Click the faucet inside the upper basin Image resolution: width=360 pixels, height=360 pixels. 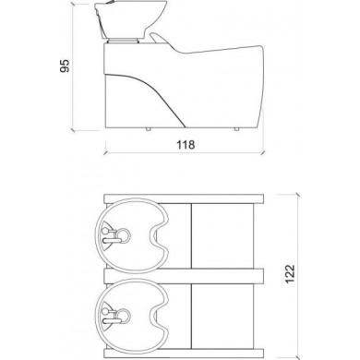tap(115, 234)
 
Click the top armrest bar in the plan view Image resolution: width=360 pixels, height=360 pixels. tap(185, 198)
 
